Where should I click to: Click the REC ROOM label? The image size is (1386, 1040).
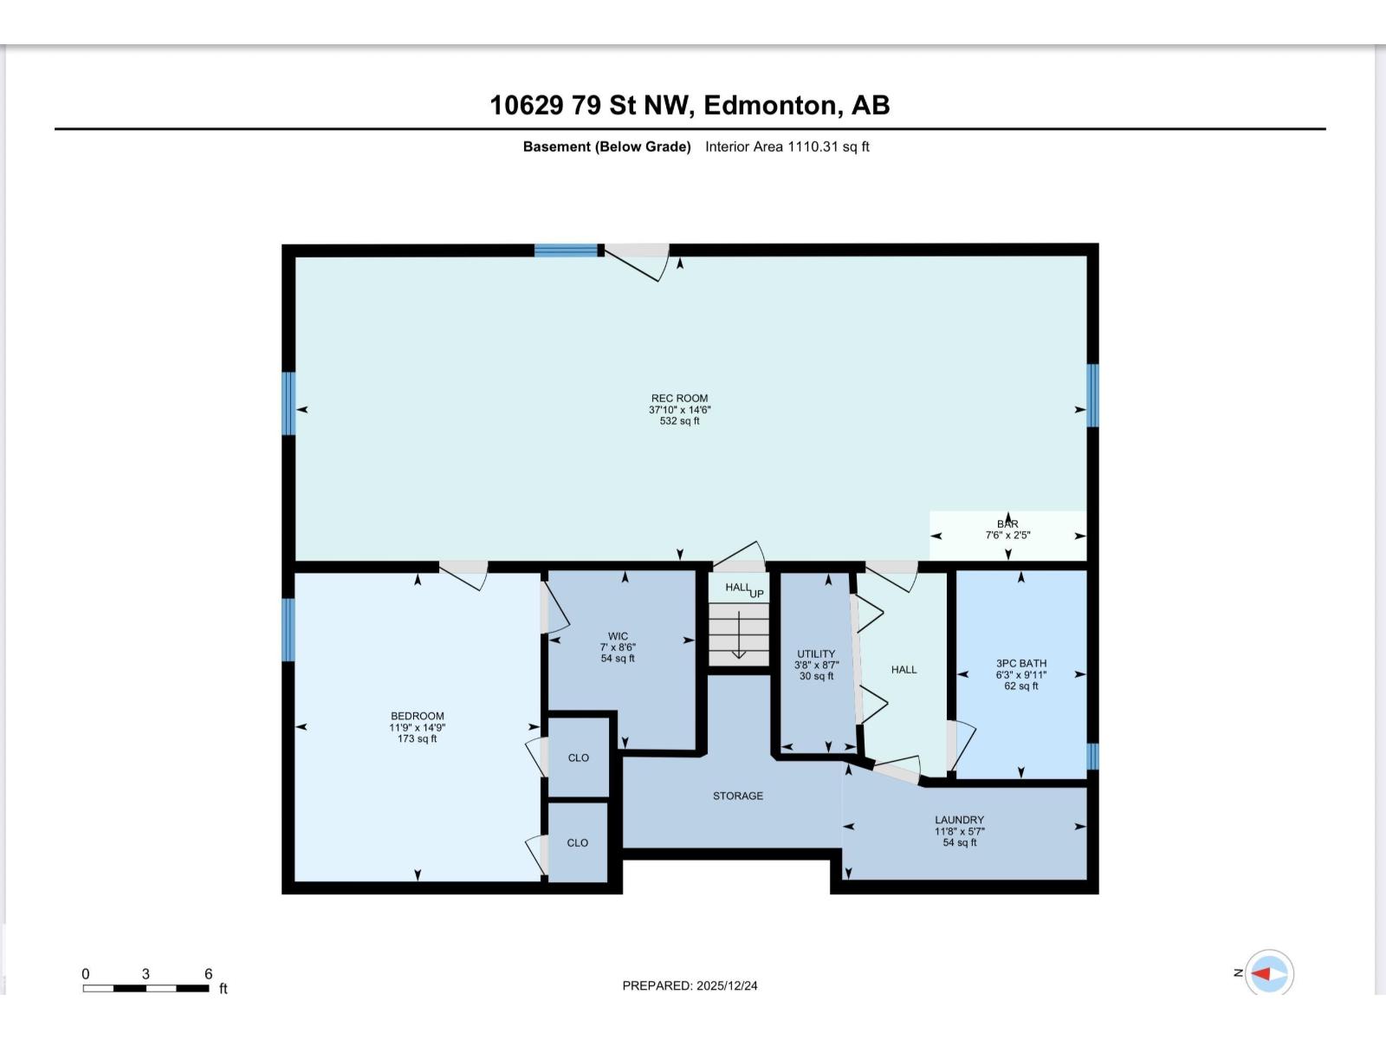point(679,399)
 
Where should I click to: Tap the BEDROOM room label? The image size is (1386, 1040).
point(417,717)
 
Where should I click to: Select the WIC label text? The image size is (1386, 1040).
point(618,636)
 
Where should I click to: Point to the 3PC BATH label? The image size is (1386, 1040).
point(1020,663)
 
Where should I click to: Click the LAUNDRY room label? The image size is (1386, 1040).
point(959,820)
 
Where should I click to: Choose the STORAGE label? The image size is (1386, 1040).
point(738,796)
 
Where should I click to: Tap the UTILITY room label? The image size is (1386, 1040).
point(816,654)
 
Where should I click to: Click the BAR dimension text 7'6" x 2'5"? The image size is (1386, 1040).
point(1007,536)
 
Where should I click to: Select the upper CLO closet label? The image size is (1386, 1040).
point(578,757)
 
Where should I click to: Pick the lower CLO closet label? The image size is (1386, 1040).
point(577,842)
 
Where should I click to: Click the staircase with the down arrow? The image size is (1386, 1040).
point(738,634)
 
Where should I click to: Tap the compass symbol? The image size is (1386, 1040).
point(1270,973)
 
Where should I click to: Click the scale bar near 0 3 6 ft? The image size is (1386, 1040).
point(146,988)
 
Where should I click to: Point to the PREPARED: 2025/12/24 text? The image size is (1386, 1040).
point(690,985)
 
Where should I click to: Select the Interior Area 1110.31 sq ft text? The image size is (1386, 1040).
point(787,146)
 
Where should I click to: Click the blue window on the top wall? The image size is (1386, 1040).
point(566,250)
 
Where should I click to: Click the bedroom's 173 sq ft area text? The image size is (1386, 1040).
point(417,739)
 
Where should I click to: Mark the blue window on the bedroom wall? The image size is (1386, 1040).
point(288,629)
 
